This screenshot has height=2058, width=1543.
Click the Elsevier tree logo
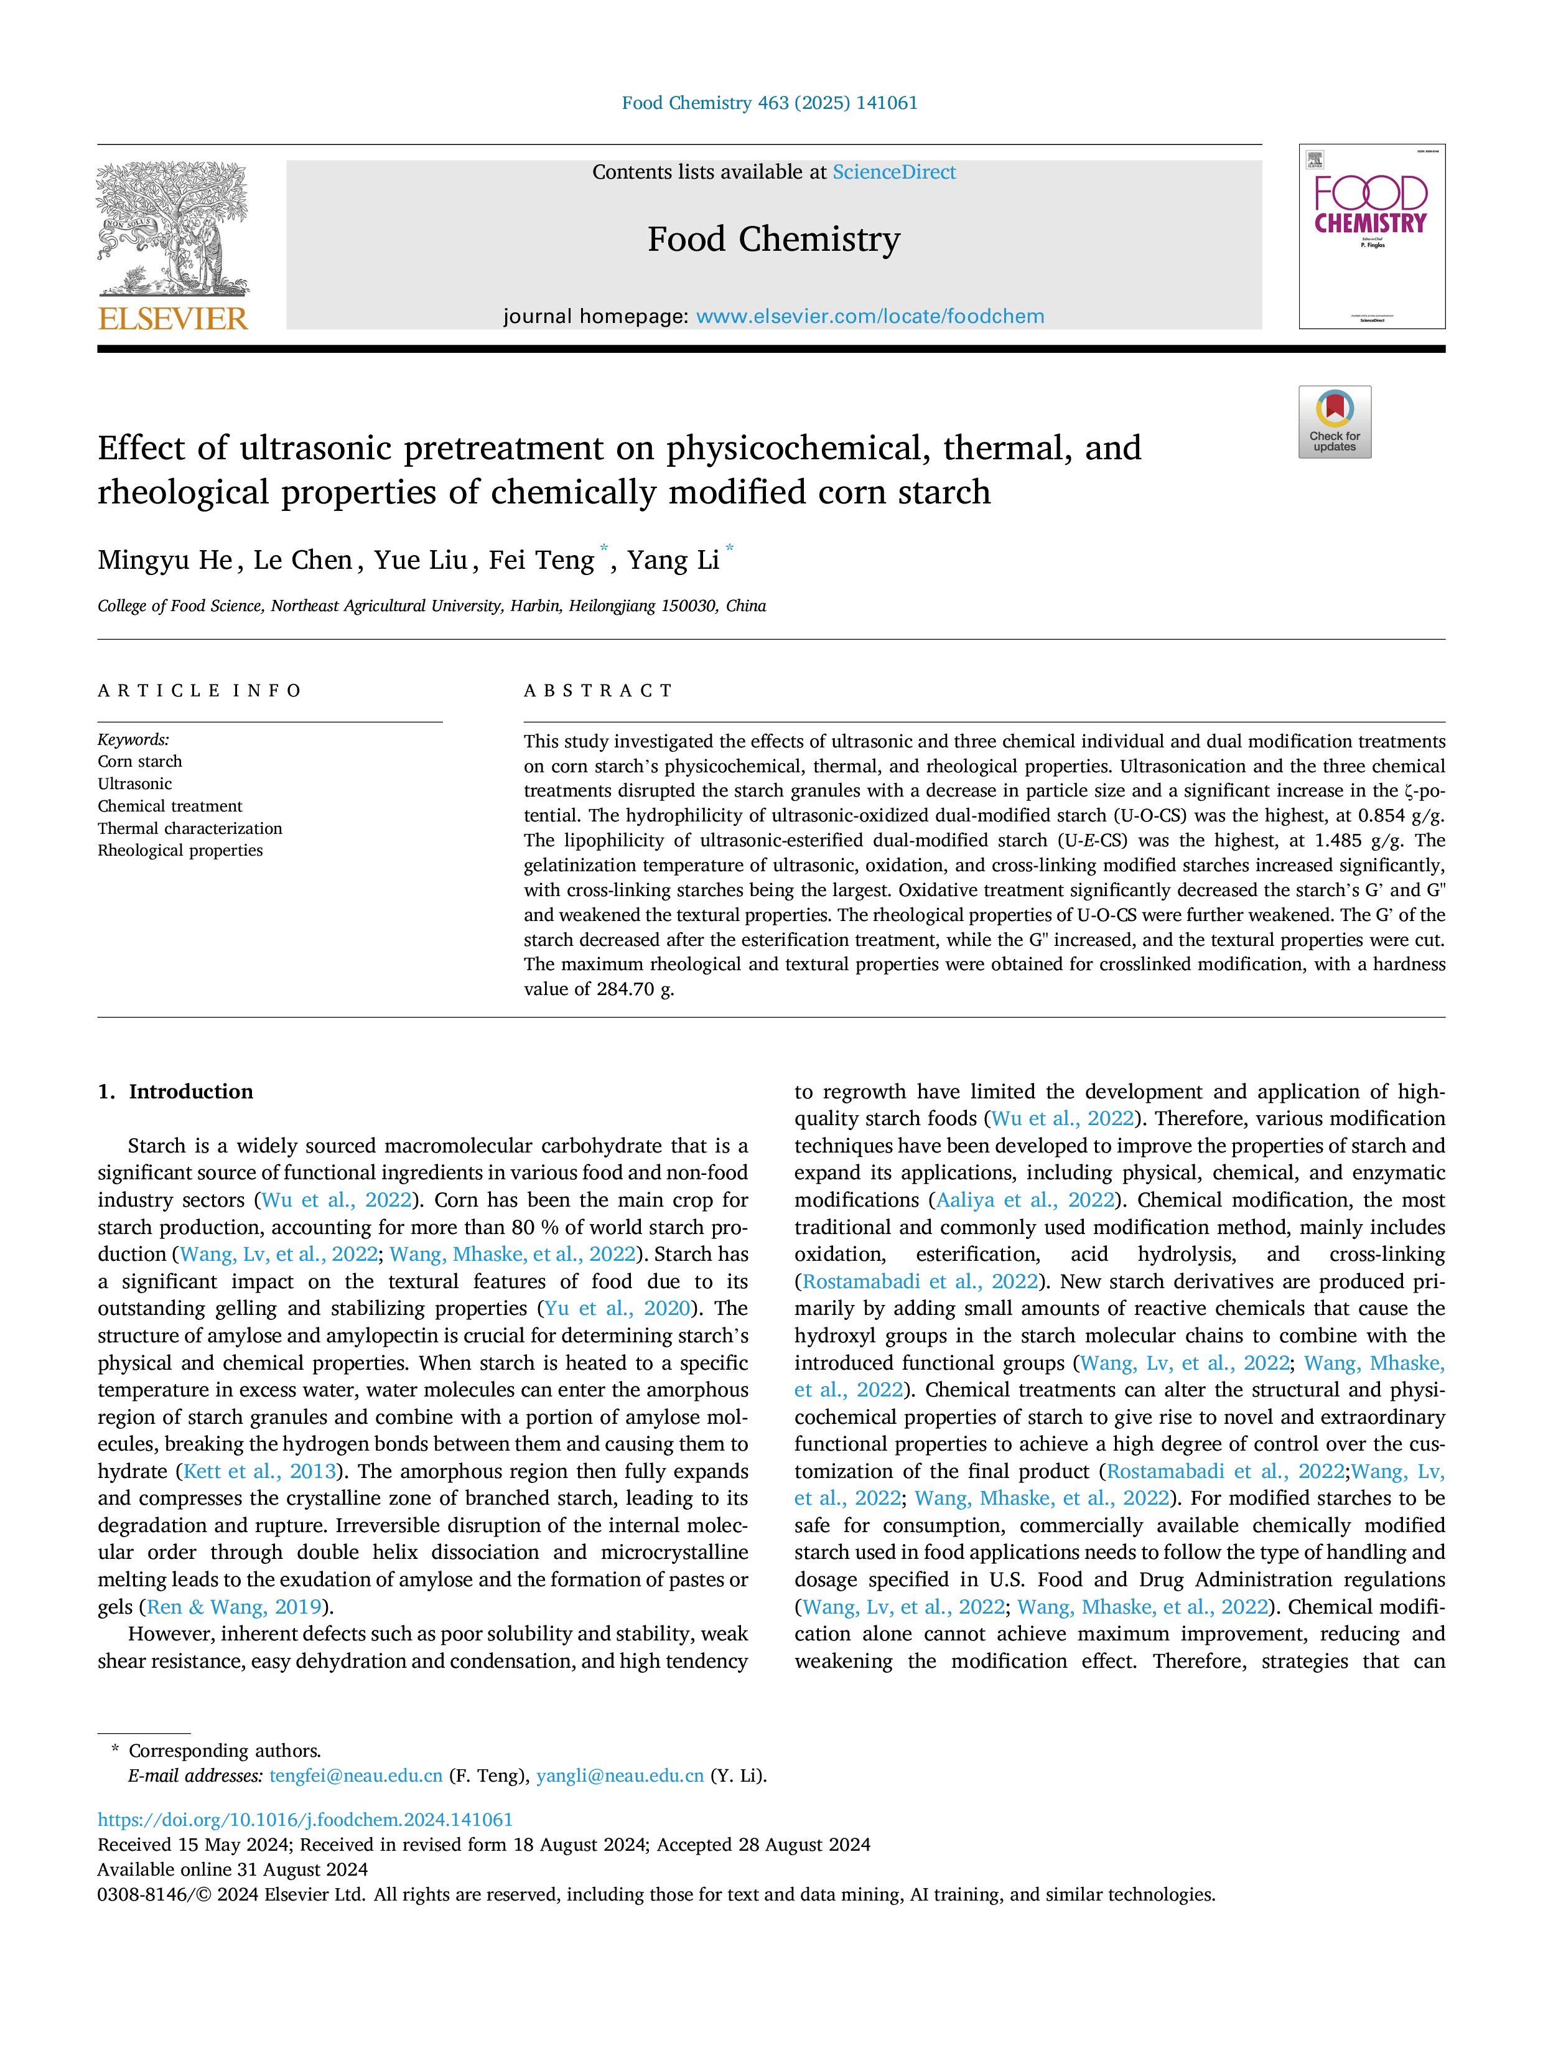173,229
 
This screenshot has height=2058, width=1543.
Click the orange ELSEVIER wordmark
173,319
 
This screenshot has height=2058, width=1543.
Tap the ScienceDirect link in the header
894,172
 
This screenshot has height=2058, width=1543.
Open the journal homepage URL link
870,316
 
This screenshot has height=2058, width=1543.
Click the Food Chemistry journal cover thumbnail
1372,236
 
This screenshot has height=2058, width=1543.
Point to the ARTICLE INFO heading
200,690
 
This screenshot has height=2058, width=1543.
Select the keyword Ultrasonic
135,783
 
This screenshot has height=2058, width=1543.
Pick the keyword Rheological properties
180,850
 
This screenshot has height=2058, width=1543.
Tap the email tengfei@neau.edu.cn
357,1775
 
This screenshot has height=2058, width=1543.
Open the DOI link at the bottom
305,1819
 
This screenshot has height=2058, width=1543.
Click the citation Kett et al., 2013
259,1471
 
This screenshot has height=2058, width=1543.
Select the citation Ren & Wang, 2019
235,1607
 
